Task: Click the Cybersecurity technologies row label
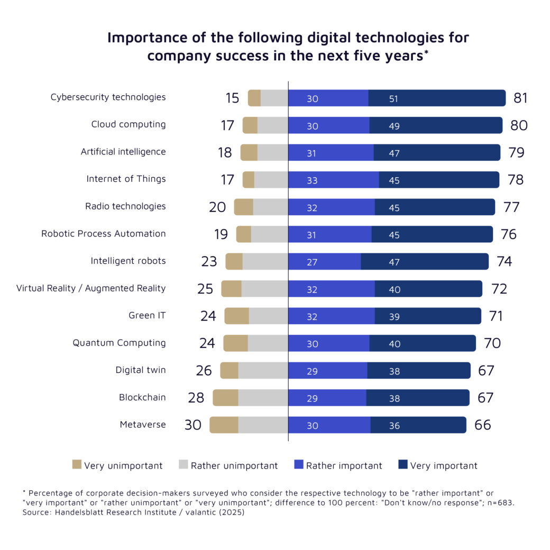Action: coord(108,97)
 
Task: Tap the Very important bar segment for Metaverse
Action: coord(418,425)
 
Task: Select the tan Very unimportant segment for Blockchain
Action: coord(225,398)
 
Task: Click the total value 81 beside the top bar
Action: coord(520,98)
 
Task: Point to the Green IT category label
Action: coord(147,316)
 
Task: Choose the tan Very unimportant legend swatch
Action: coord(77,465)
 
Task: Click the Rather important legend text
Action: coord(344,466)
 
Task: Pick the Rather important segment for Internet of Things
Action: coord(333,180)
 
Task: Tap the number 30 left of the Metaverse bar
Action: coord(193,425)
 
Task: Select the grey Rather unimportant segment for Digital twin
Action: coord(263,371)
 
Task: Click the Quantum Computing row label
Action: coord(119,343)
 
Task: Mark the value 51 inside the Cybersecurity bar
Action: coord(393,99)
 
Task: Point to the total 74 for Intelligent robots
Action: coord(505,261)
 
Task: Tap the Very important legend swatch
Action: coord(402,465)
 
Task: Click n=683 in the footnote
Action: coord(499,502)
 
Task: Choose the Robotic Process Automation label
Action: coord(103,234)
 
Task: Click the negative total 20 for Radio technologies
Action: coord(217,207)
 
